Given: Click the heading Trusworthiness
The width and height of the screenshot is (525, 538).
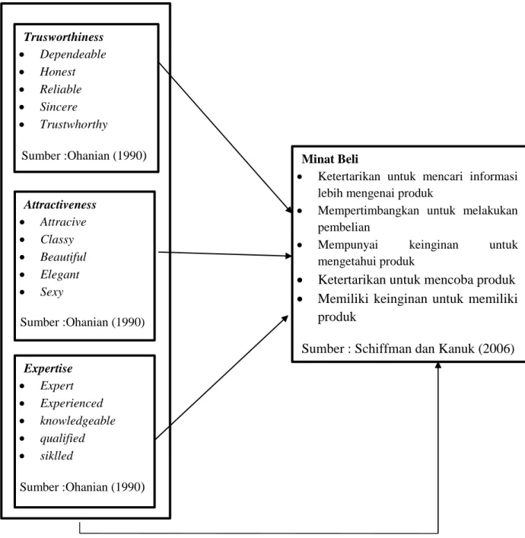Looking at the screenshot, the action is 63,37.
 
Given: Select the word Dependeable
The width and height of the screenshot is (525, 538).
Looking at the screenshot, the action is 73,54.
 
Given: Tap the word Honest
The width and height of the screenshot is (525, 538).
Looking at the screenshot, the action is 58,72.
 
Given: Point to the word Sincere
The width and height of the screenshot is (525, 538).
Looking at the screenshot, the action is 59,107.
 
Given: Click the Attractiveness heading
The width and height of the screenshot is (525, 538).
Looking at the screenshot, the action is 60,205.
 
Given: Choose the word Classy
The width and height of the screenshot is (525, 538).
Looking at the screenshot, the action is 57,240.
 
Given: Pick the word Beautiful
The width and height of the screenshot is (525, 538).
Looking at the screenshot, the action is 63,257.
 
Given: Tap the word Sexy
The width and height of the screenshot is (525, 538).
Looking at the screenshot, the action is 52,292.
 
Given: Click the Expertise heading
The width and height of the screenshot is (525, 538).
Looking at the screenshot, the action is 48,369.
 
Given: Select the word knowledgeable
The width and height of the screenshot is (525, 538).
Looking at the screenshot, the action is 78,421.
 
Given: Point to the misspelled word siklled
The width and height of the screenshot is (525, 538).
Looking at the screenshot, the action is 56,456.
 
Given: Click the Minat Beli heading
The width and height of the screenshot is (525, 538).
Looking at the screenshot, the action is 329,159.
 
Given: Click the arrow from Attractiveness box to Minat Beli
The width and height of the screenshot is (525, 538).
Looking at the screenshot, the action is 224,254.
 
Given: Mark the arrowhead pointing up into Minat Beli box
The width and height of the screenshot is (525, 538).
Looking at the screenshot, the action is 438,366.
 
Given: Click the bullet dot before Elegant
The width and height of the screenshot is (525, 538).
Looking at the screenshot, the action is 22,275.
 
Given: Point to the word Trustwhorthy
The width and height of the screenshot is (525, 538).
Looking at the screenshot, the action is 74,124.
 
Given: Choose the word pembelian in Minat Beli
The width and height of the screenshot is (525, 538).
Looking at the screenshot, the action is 344,227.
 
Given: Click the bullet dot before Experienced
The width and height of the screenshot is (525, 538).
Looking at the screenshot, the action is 22,403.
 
